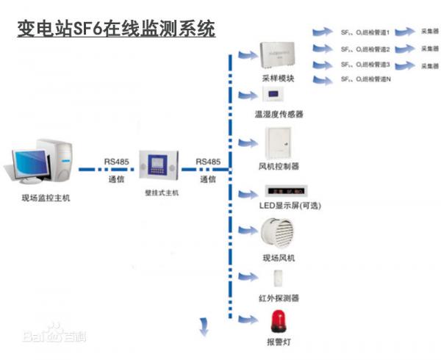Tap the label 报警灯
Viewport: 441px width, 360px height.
coord(279,342)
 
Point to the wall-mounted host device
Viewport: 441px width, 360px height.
coord(160,166)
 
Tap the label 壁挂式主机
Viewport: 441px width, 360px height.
coord(162,192)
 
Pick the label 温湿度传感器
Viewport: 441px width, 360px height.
coord(279,115)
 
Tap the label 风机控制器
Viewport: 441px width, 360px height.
coord(279,166)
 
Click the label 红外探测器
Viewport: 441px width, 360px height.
coord(279,298)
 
